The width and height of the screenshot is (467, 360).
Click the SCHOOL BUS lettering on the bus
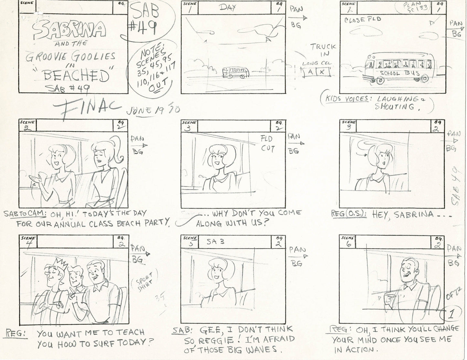click(x=399, y=73)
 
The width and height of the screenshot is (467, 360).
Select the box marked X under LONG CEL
click(x=322, y=72)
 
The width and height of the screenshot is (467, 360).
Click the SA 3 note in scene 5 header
click(x=216, y=241)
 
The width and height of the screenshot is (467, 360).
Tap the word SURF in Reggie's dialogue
click(x=103, y=344)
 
